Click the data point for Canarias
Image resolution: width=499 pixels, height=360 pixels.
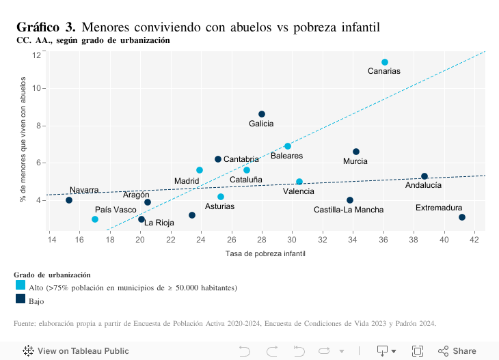coord(385,62)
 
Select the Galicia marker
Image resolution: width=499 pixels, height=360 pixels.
coord(262,114)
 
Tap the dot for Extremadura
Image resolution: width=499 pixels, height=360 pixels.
coord(462,217)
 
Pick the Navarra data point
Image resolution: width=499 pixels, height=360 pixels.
coord(69,200)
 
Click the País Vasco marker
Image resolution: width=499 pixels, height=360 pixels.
coord(95,219)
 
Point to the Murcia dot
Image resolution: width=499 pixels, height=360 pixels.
coord(356,152)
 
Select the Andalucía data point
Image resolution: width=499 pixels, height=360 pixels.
coord(424,176)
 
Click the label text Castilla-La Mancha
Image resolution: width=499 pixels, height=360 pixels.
coord(349,210)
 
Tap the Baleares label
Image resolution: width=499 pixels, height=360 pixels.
coord(286,156)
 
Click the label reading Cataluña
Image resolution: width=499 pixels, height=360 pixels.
coord(246,180)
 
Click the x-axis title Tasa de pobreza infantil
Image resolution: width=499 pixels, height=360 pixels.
coord(265,253)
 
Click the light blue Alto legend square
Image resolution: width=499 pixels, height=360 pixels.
coord(21,285)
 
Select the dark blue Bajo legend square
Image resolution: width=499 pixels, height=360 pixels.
coord(21,299)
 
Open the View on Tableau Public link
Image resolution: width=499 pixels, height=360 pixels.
coord(76,350)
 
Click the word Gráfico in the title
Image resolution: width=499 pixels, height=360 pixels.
coord(38,27)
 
